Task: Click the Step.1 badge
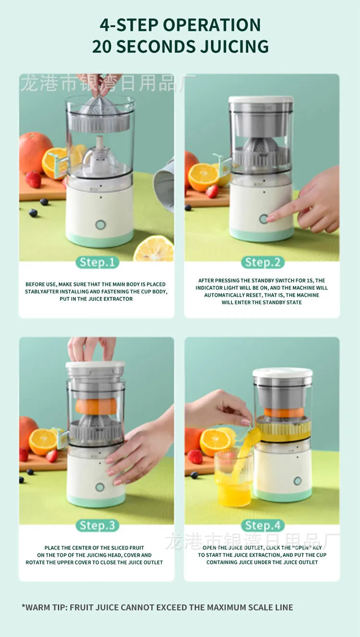pyautogui.click(x=97, y=262)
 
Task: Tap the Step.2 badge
pyautogui.click(x=263, y=262)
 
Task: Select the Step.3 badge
pyautogui.click(x=97, y=525)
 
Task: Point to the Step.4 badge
pyautogui.click(x=263, y=525)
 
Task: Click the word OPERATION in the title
pyautogui.click(x=211, y=24)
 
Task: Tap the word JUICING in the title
pyautogui.click(x=230, y=47)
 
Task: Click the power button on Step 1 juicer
pyautogui.click(x=100, y=224)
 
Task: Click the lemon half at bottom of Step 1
pyautogui.click(x=154, y=249)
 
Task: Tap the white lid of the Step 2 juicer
pyautogui.click(x=261, y=100)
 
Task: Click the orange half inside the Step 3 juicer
pyautogui.click(x=96, y=406)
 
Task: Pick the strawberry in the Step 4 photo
pyautogui.click(x=195, y=456)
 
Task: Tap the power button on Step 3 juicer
pyautogui.click(x=100, y=487)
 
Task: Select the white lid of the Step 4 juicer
pyautogui.click(x=283, y=372)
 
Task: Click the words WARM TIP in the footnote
pyautogui.click(x=45, y=607)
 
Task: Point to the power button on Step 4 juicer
pyautogui.click(x=298, y=481)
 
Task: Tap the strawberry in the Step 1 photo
pyautogui.click(x=33, y=179)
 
